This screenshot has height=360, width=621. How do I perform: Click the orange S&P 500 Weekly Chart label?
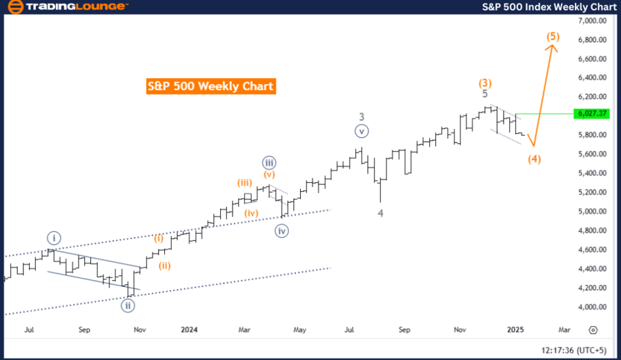tap(210, 86)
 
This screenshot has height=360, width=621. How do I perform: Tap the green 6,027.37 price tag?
tap(593, 113)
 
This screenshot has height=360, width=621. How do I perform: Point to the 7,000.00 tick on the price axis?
tap(593, 21)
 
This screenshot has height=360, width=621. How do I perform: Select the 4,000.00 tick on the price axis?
tap(593, 307)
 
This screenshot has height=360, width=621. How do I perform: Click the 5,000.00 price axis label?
tap(593, 212)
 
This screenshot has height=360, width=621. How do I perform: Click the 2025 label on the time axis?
tap(514, 330)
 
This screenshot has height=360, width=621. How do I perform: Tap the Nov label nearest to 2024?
tap(139, 330)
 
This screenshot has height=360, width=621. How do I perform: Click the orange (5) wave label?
tap(553, 36)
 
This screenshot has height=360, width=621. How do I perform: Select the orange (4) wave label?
tap(534, 159)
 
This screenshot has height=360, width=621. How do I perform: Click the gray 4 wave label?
tap(380, 213)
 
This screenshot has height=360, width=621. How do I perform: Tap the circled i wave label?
tap(55, 238)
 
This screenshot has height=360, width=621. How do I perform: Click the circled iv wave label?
tap(282, 231)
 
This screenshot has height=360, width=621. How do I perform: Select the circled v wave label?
tap(362, 130)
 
